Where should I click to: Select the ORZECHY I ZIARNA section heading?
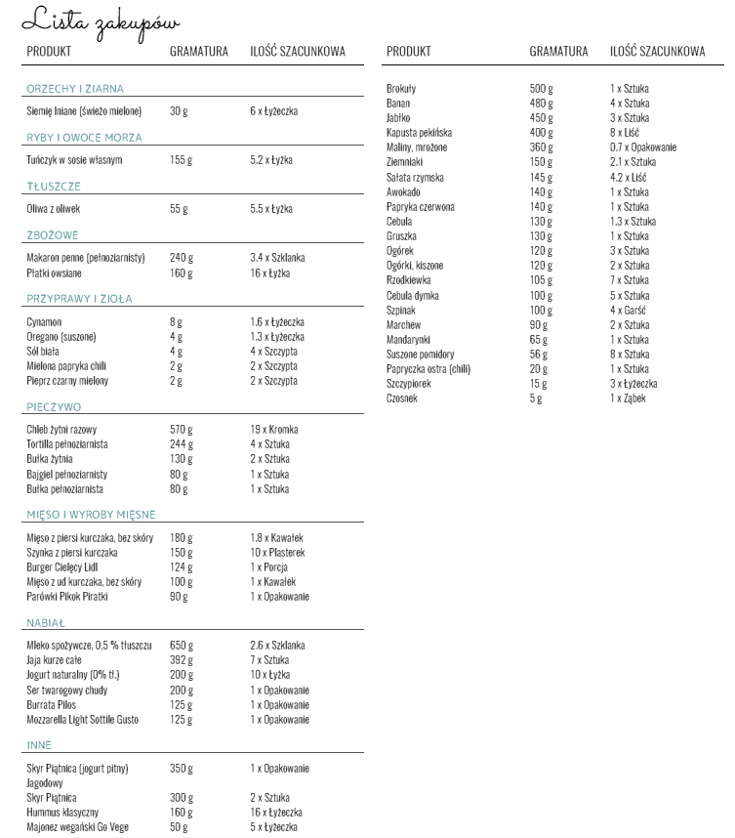click(75, 89)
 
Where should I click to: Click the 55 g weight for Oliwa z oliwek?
click(178, 209)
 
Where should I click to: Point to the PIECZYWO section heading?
click(54, 407)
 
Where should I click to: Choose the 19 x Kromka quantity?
click(273, 430)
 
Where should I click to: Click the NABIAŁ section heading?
click(46, 623)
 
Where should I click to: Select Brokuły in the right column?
click(401, 89)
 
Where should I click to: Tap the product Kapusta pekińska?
click(419, 133)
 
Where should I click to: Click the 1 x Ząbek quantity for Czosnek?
click(628, 398)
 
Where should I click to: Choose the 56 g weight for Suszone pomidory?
click(540, 355)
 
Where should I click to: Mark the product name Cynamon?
click(44, 321)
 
